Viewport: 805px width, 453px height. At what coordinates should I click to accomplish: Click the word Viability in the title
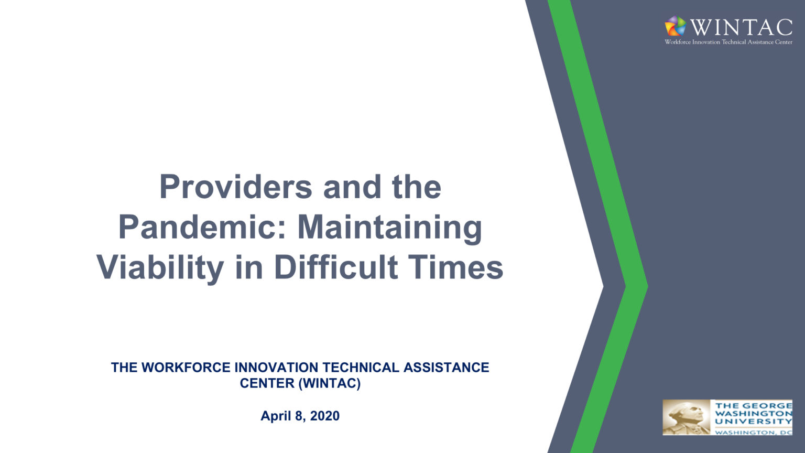(160, 267)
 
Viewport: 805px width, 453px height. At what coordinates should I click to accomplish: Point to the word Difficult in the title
(336, 267)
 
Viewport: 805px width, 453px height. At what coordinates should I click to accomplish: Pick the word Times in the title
(455, 267)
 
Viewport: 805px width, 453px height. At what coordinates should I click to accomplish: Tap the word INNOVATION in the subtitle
(276, 368)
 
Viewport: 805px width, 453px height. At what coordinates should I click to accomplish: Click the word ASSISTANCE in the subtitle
(446, 368)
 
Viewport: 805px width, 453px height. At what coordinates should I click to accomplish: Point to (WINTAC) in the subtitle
(329, 383)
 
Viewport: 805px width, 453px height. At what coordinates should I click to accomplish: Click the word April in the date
(276, 416)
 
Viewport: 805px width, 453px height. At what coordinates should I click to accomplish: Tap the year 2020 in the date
(325, 416)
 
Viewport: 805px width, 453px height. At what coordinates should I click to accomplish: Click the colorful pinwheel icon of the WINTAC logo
(675, 26)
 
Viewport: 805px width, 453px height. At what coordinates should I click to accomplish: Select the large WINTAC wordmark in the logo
(741, 27)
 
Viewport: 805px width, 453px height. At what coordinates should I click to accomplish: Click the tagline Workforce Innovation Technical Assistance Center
(728, 42)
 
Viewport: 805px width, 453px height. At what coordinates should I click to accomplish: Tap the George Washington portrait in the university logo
(686, 418)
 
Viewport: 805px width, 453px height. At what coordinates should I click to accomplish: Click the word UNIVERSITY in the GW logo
(753, 422)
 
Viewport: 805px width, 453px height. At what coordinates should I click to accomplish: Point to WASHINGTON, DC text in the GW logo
(753, 433)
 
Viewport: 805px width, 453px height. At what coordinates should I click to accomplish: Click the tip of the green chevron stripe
(647, 286)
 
